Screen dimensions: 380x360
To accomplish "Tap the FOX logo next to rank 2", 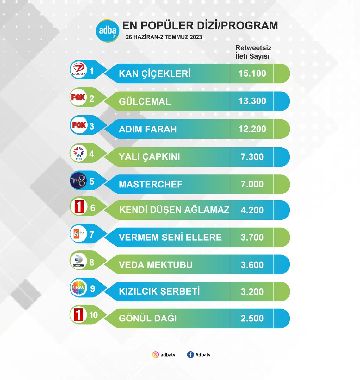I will (78, 98).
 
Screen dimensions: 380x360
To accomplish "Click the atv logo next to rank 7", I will (78, 234).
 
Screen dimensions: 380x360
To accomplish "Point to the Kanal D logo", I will (78, 261).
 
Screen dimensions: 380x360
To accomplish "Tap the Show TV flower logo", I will (78, 288).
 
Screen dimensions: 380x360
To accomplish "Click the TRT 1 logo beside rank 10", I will (78, 315).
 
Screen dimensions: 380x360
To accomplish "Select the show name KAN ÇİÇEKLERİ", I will (155, 74).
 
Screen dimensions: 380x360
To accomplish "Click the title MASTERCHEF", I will (151, 184).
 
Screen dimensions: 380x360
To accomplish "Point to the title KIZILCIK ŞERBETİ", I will (159, 291).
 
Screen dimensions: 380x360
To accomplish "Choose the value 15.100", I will (252, 73).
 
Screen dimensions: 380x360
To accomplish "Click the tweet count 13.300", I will (252, 101).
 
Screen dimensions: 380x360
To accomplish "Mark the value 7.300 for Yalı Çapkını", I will (252, 157).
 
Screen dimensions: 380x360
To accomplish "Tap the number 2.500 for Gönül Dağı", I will (252, 318).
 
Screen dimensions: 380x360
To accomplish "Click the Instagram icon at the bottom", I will (155, 355).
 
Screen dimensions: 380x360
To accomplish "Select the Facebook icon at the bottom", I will (190, 355).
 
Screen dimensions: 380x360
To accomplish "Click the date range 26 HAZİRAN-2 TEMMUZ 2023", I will (164, 37).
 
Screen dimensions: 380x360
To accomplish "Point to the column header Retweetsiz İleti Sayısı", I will (253, 52).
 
